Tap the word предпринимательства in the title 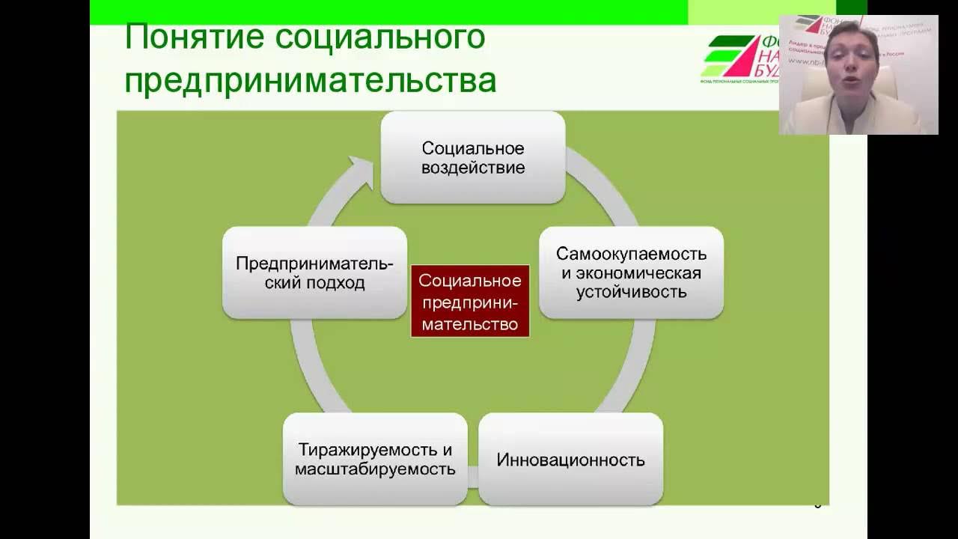point(310,80)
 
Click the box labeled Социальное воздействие point(472,157)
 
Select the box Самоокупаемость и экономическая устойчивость point(631,272)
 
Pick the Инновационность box point(570,459)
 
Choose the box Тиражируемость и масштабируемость point(375,459)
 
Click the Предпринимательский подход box point(314,272)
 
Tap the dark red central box point(470,301)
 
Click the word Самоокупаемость point(631,254)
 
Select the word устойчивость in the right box point(631,292)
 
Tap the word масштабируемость point(375,469)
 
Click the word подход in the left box point(335,283)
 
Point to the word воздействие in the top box point(472,168)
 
